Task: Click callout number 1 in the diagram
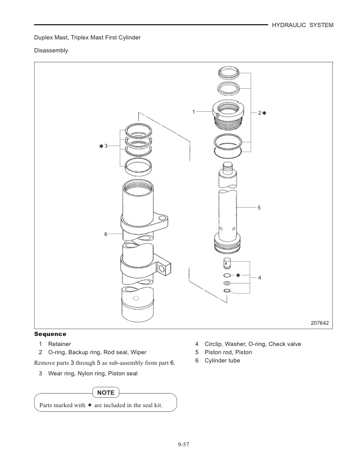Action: pyautogui.click(x=193, y=111)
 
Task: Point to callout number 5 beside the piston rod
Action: pyautogui.click(x=259, y=208)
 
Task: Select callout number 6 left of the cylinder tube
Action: pyautogui.click(x=106, y=234)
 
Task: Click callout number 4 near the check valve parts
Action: pyautogui.click(x=259, y=278)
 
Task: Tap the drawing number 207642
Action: pyautogui.click(x=319, y=323)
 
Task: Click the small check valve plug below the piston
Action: pyautogui.click(x=228, y=262)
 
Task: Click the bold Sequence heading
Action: pyautogui.click(x=50, y=334)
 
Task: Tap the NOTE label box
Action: pyautogui.click(x=106, y=392)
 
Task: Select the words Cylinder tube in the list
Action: pyautogui.click(x=222, y=361)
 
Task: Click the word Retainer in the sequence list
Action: pyautogui.click(x=59, y=344)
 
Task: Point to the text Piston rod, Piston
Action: pyautogui.click(x=227, y=352)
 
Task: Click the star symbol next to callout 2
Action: pyautogui.click(x=265, y=112)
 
